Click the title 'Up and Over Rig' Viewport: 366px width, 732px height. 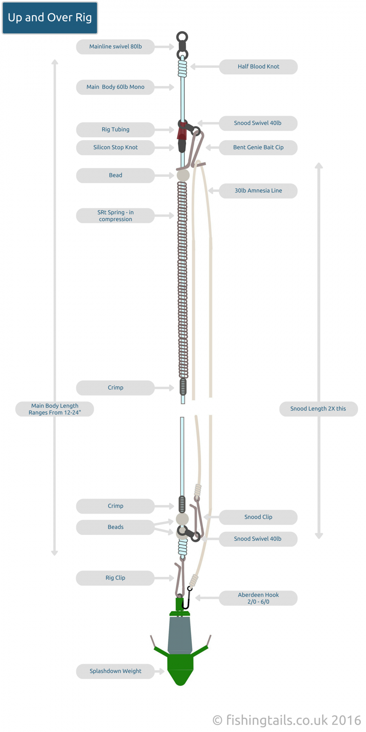click(50, 18)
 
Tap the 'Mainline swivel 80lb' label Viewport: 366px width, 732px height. click(116, 47)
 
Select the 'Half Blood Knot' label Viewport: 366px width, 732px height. click(258, 66)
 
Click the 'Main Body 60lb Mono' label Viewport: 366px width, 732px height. click(116, 87)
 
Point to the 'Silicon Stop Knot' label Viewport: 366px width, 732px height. click(116, 147)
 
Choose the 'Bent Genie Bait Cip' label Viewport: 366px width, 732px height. click(258, 147)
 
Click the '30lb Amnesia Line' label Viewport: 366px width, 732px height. click(258, 191)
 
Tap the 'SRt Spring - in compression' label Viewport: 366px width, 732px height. click(116, 215)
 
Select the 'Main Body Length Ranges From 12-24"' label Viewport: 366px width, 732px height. click(55, 409)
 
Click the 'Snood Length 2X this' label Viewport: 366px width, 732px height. click(318, 409)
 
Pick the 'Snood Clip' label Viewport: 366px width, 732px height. click(258, 517)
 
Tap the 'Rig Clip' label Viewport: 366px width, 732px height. click(116, 578)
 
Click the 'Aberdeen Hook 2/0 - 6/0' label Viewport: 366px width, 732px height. click(258, 598)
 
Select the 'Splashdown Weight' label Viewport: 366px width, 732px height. click(116, 671)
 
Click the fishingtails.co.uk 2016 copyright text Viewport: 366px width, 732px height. click(287, 720)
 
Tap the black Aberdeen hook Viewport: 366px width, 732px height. click(187, 599)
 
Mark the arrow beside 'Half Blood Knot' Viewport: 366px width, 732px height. click(205, 66)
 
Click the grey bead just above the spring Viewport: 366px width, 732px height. click(183, 175)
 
